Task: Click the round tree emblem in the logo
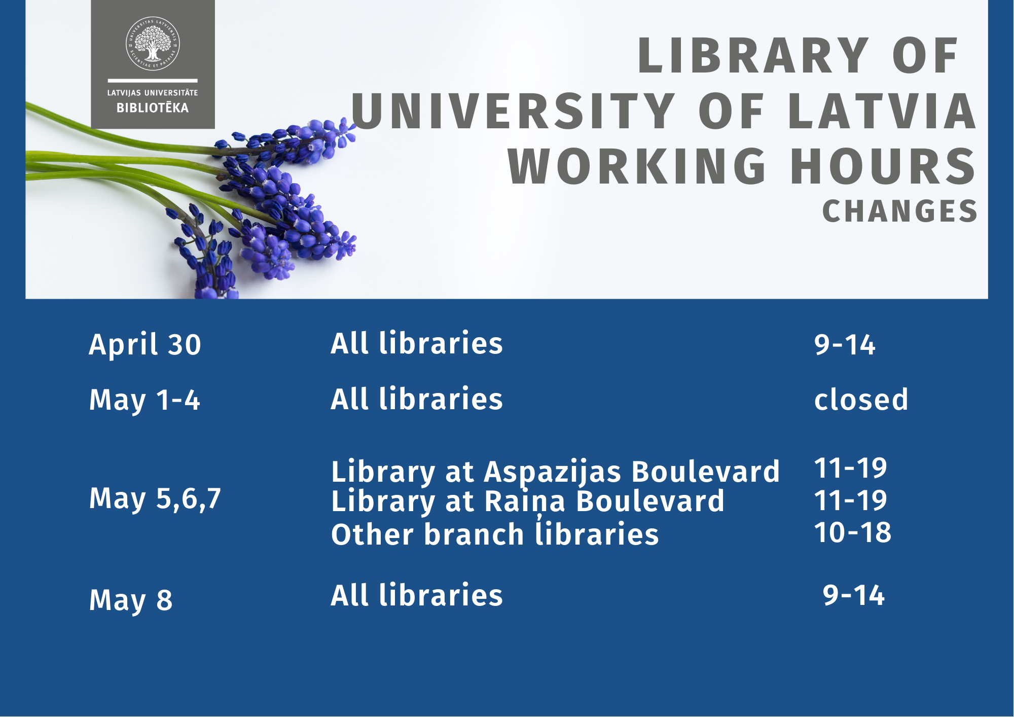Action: (153, 44)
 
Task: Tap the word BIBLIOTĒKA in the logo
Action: (153, 107)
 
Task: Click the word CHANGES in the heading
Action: (900, 211)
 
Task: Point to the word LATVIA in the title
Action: (883, 111)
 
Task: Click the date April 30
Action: (145, 345)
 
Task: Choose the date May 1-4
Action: (144, 401)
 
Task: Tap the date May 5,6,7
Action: (155, 499)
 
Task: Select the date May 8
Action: (131, 600)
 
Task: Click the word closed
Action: (861, 399)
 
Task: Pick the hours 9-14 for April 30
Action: (845, 345)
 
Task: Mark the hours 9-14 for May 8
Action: (854, 595)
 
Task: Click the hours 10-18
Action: (853, 532)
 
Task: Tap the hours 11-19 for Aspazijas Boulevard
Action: (851, 468)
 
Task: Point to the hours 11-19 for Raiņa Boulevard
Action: (851, 500)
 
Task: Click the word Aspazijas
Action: (553, 473)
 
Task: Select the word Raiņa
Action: (525, 502)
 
